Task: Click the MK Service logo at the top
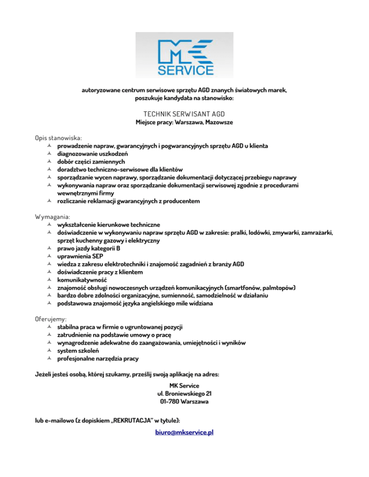click(x=184, y=55)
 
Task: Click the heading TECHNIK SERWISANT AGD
click(x=184, y=114)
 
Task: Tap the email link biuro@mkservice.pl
click(x=184, y=432)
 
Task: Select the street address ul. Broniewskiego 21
click(x=184, y=394)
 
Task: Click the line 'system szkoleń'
click(x=78, y=350)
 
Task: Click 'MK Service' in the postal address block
click(x=184, y=385)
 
